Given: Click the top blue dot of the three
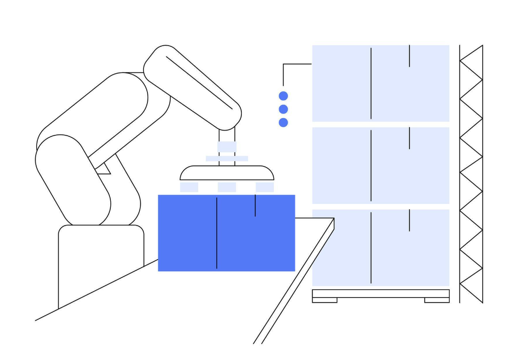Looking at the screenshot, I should pos(283,96).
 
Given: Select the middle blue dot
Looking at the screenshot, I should pos(283,109).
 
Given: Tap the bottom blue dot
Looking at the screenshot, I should pos(283,122).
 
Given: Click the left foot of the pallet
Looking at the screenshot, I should pos(325,300).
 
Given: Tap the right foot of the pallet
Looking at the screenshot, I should pos(437,300).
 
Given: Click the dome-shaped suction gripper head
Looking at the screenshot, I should pos(227,173).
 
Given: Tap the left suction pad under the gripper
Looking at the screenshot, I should pos(189,187).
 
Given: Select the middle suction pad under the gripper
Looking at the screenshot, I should pos(227,187).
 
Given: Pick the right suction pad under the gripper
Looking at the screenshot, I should pos(265,187).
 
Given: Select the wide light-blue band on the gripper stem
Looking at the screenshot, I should pos(227,159).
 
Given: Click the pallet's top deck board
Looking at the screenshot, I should pos(381,293).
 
